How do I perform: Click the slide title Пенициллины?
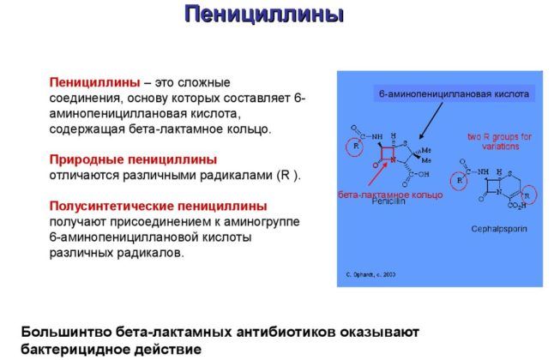pos(264,15)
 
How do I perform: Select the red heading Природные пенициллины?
pos(133,159)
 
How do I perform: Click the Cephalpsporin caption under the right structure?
pos(496,229)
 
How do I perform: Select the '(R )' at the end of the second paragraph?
pos(287,175)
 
